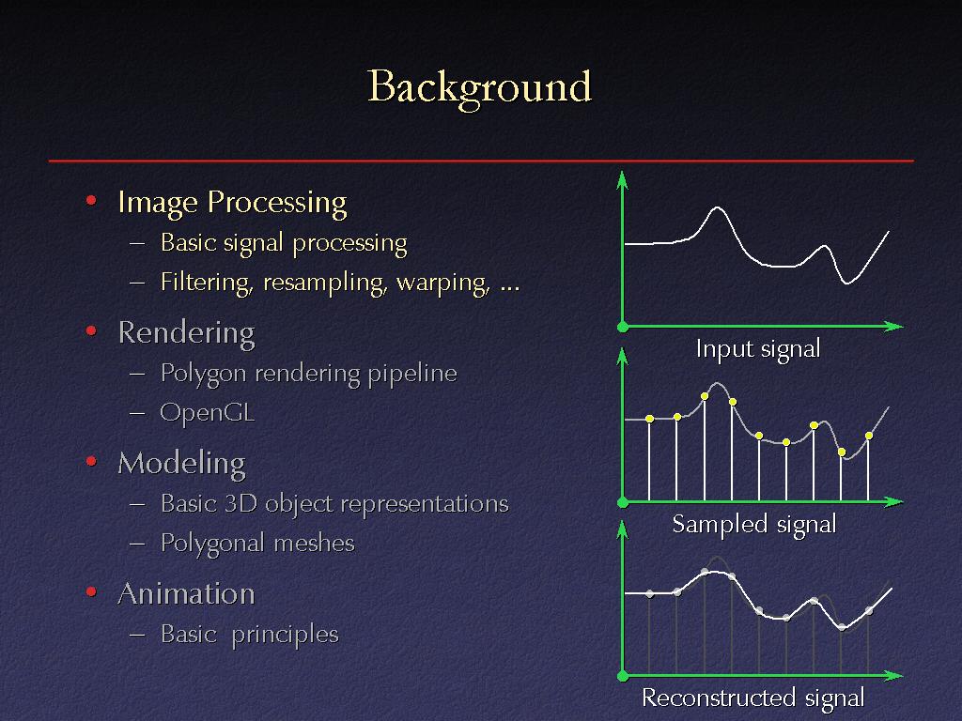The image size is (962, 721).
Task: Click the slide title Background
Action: [x=479, y=88]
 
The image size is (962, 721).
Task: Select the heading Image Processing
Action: [x=233, y=203]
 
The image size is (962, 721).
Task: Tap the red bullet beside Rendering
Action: [x=91, y=331]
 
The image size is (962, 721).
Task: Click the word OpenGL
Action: [x=208, y=413]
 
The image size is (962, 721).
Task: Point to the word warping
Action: [x=443, y=283]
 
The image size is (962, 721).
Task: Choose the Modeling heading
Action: [x=181, y=464]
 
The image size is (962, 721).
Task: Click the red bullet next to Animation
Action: [x=91, y=591]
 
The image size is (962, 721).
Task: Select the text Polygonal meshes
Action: [x=257, y=544]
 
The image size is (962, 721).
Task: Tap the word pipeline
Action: [x=412, y=374]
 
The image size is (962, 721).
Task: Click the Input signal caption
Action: [x=758, y=349]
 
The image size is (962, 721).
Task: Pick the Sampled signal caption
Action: [x=754, y=525]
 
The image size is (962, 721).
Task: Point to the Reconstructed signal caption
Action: [x=753, y=698]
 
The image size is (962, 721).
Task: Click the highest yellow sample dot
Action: [x=705, y=396]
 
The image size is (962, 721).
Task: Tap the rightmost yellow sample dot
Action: [x=869, y=436]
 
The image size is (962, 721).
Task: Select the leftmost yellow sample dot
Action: [x=650, y=419]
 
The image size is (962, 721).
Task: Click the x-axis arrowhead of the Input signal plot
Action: [x=894, y=326]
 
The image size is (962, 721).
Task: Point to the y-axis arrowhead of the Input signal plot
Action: [x=622, y=179]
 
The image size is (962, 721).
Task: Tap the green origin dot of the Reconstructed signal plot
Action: [x=622, y=676]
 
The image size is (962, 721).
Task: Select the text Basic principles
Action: [x=250, y=635]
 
